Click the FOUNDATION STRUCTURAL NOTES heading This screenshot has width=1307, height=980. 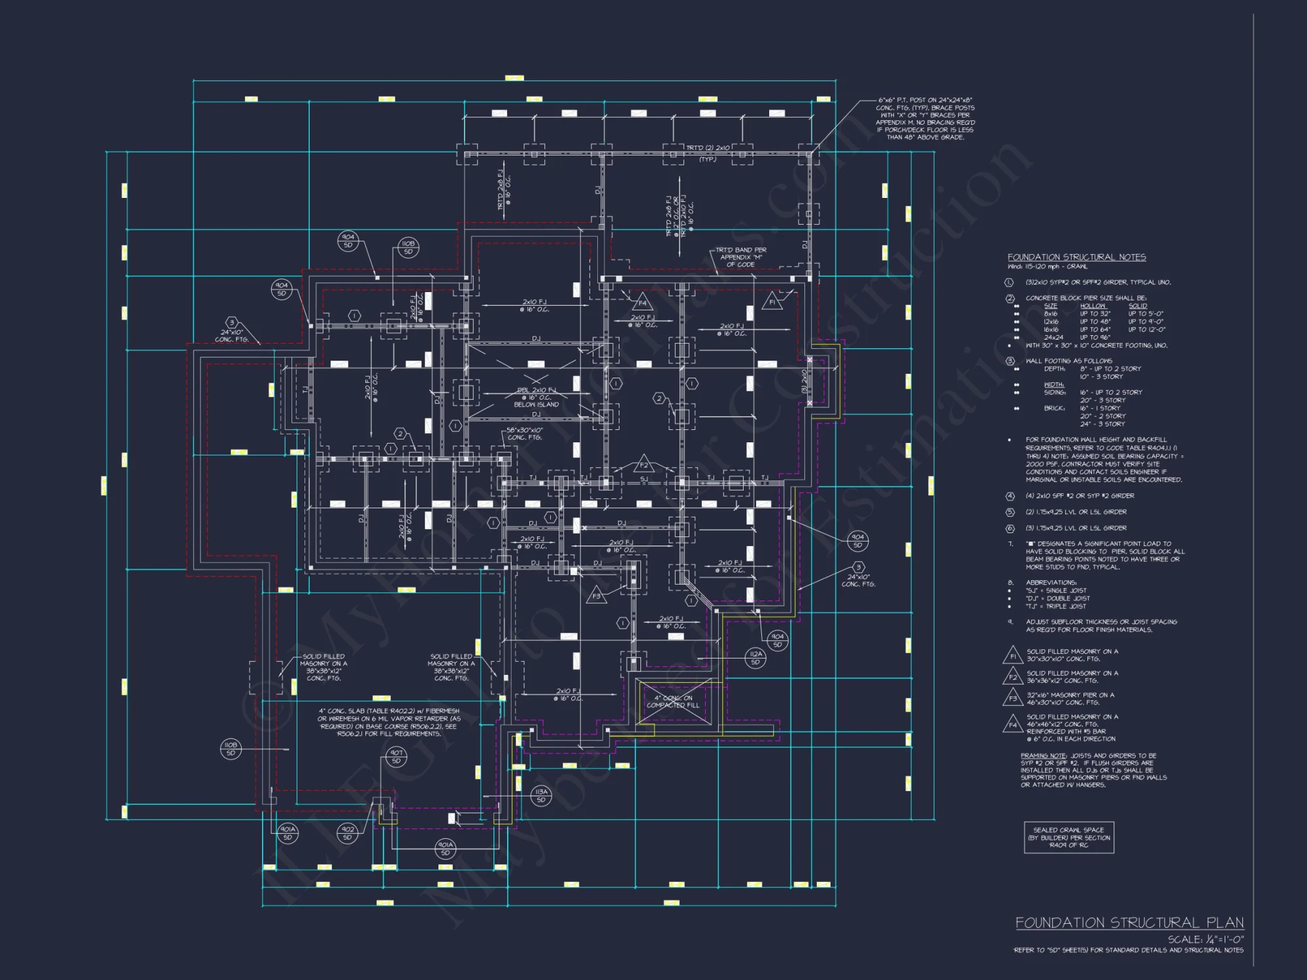click(1076, 257)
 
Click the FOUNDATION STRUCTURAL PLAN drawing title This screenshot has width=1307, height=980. click(1129, 923)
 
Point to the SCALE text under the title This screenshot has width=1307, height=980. click(1206, 939)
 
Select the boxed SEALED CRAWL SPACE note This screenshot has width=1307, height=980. click(1068, 838)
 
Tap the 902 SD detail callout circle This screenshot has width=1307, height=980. click(348, 832)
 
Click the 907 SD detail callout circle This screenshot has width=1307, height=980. click(396, 757)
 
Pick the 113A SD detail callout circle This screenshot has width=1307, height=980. click(541, 795)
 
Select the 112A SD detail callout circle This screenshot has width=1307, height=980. click(755, 657)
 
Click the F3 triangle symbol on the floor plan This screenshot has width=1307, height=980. click(596, 595)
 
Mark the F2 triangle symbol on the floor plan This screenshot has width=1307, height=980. click(644, 465)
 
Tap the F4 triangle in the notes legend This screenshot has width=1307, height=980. click(1012, 724)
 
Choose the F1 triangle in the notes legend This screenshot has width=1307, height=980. click(1012, 655)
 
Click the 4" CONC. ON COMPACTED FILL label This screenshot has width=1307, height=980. click(673, 702)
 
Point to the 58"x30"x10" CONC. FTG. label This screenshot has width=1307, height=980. click(524, 434)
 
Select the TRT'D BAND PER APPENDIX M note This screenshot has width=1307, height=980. click(740, 257)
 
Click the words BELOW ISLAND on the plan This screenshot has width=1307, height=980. click(536, 404)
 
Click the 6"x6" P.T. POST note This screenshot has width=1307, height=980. click(925, 118)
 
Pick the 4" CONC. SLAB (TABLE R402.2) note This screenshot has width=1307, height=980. click(389, 722)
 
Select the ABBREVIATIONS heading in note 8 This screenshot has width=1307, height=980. click(1051, 582)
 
